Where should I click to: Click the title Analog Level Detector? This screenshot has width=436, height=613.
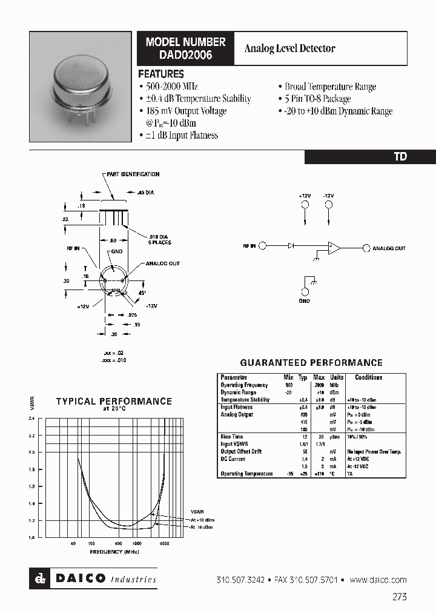[289, 48]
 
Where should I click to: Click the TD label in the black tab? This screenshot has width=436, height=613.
[400, 156]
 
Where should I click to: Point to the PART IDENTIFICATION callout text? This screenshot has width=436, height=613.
[132, 174]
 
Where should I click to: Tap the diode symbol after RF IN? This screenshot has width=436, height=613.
[291, 246]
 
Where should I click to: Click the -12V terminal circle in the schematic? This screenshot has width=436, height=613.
[328, 205]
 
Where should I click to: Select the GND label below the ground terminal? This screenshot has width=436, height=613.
[304, 301]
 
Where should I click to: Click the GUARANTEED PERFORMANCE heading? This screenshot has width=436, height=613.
[311, 363]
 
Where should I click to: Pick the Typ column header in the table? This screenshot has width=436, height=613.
[303, 377]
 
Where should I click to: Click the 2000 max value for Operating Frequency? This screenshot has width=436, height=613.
[319, 385]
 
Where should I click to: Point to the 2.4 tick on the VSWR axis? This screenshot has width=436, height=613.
[31, 419]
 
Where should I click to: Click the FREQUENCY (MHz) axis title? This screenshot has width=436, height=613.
[115, 552]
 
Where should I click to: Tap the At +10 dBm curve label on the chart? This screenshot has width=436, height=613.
[202, 520]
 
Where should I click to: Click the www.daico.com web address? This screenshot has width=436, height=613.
[378, 580]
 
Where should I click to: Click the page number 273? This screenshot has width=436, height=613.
[399, 597]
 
